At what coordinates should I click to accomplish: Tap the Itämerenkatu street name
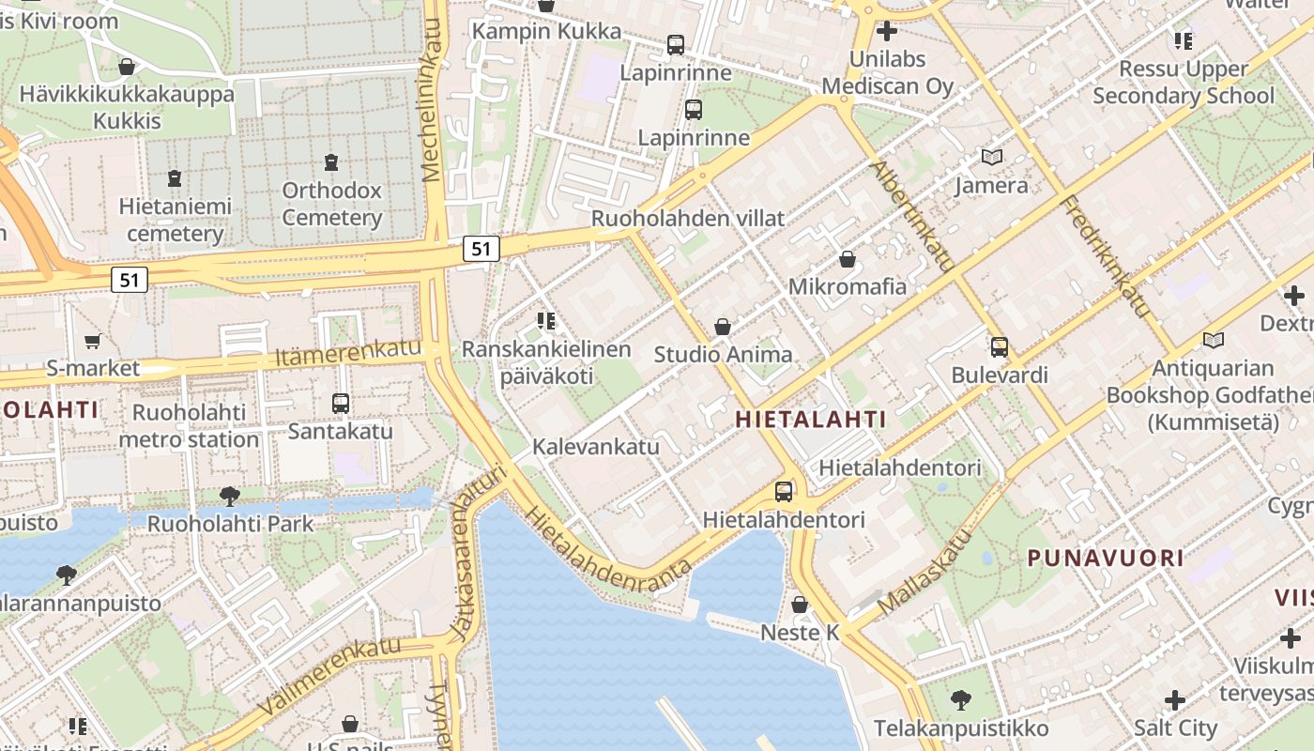point(348,353)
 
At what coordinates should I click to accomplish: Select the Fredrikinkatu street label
point(1106,255)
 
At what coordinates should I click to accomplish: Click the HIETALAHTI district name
point(811,420)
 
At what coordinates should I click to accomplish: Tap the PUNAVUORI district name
point(1106,559)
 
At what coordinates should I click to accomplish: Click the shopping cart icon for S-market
point(92,342)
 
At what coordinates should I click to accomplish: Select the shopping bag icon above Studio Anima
point(723,327)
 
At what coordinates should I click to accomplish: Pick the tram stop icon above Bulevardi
point(1000,347)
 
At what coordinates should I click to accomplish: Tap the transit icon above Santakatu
point(341,404)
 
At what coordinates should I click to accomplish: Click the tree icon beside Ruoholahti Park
point(229,496)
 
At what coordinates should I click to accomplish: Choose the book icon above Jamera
point(992,157)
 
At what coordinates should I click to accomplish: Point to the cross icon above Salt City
point(1175,700)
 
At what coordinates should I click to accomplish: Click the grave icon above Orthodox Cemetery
point(331,162)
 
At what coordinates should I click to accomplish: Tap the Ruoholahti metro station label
point(189,426)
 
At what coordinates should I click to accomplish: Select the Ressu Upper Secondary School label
point(1184,83)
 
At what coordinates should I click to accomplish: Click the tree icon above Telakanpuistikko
point(960,699)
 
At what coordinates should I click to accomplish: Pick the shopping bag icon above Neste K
point(800,605)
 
